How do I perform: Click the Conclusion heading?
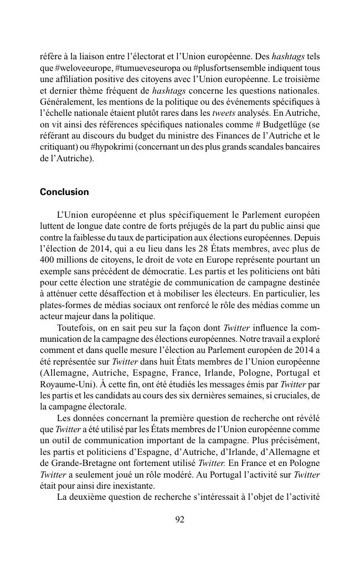tap(64, 192)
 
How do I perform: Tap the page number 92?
tap(179, 519)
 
